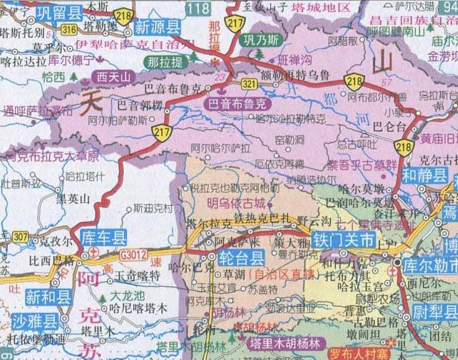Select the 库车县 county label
(103, 237)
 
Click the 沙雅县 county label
(34, 321)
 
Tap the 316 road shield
(70, 29)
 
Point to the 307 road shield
(20, 236)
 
